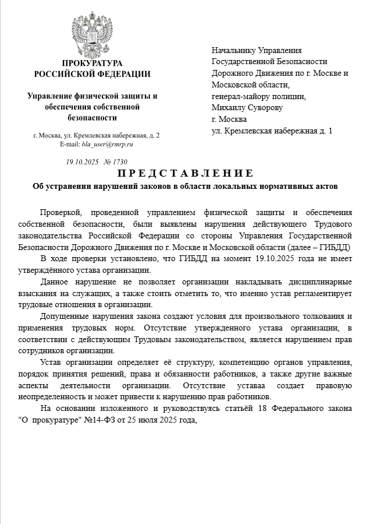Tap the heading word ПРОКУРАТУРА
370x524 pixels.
[92, 63]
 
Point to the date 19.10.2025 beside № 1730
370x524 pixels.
[82, 162]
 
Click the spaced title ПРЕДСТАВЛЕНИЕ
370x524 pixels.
[185, 173]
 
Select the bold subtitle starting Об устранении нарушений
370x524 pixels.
[185, 187]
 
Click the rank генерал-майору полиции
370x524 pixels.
[258, 97]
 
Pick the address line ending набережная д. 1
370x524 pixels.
[272, 131]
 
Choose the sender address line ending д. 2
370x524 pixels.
[97, 135]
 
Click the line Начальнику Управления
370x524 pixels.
[257, 51]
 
